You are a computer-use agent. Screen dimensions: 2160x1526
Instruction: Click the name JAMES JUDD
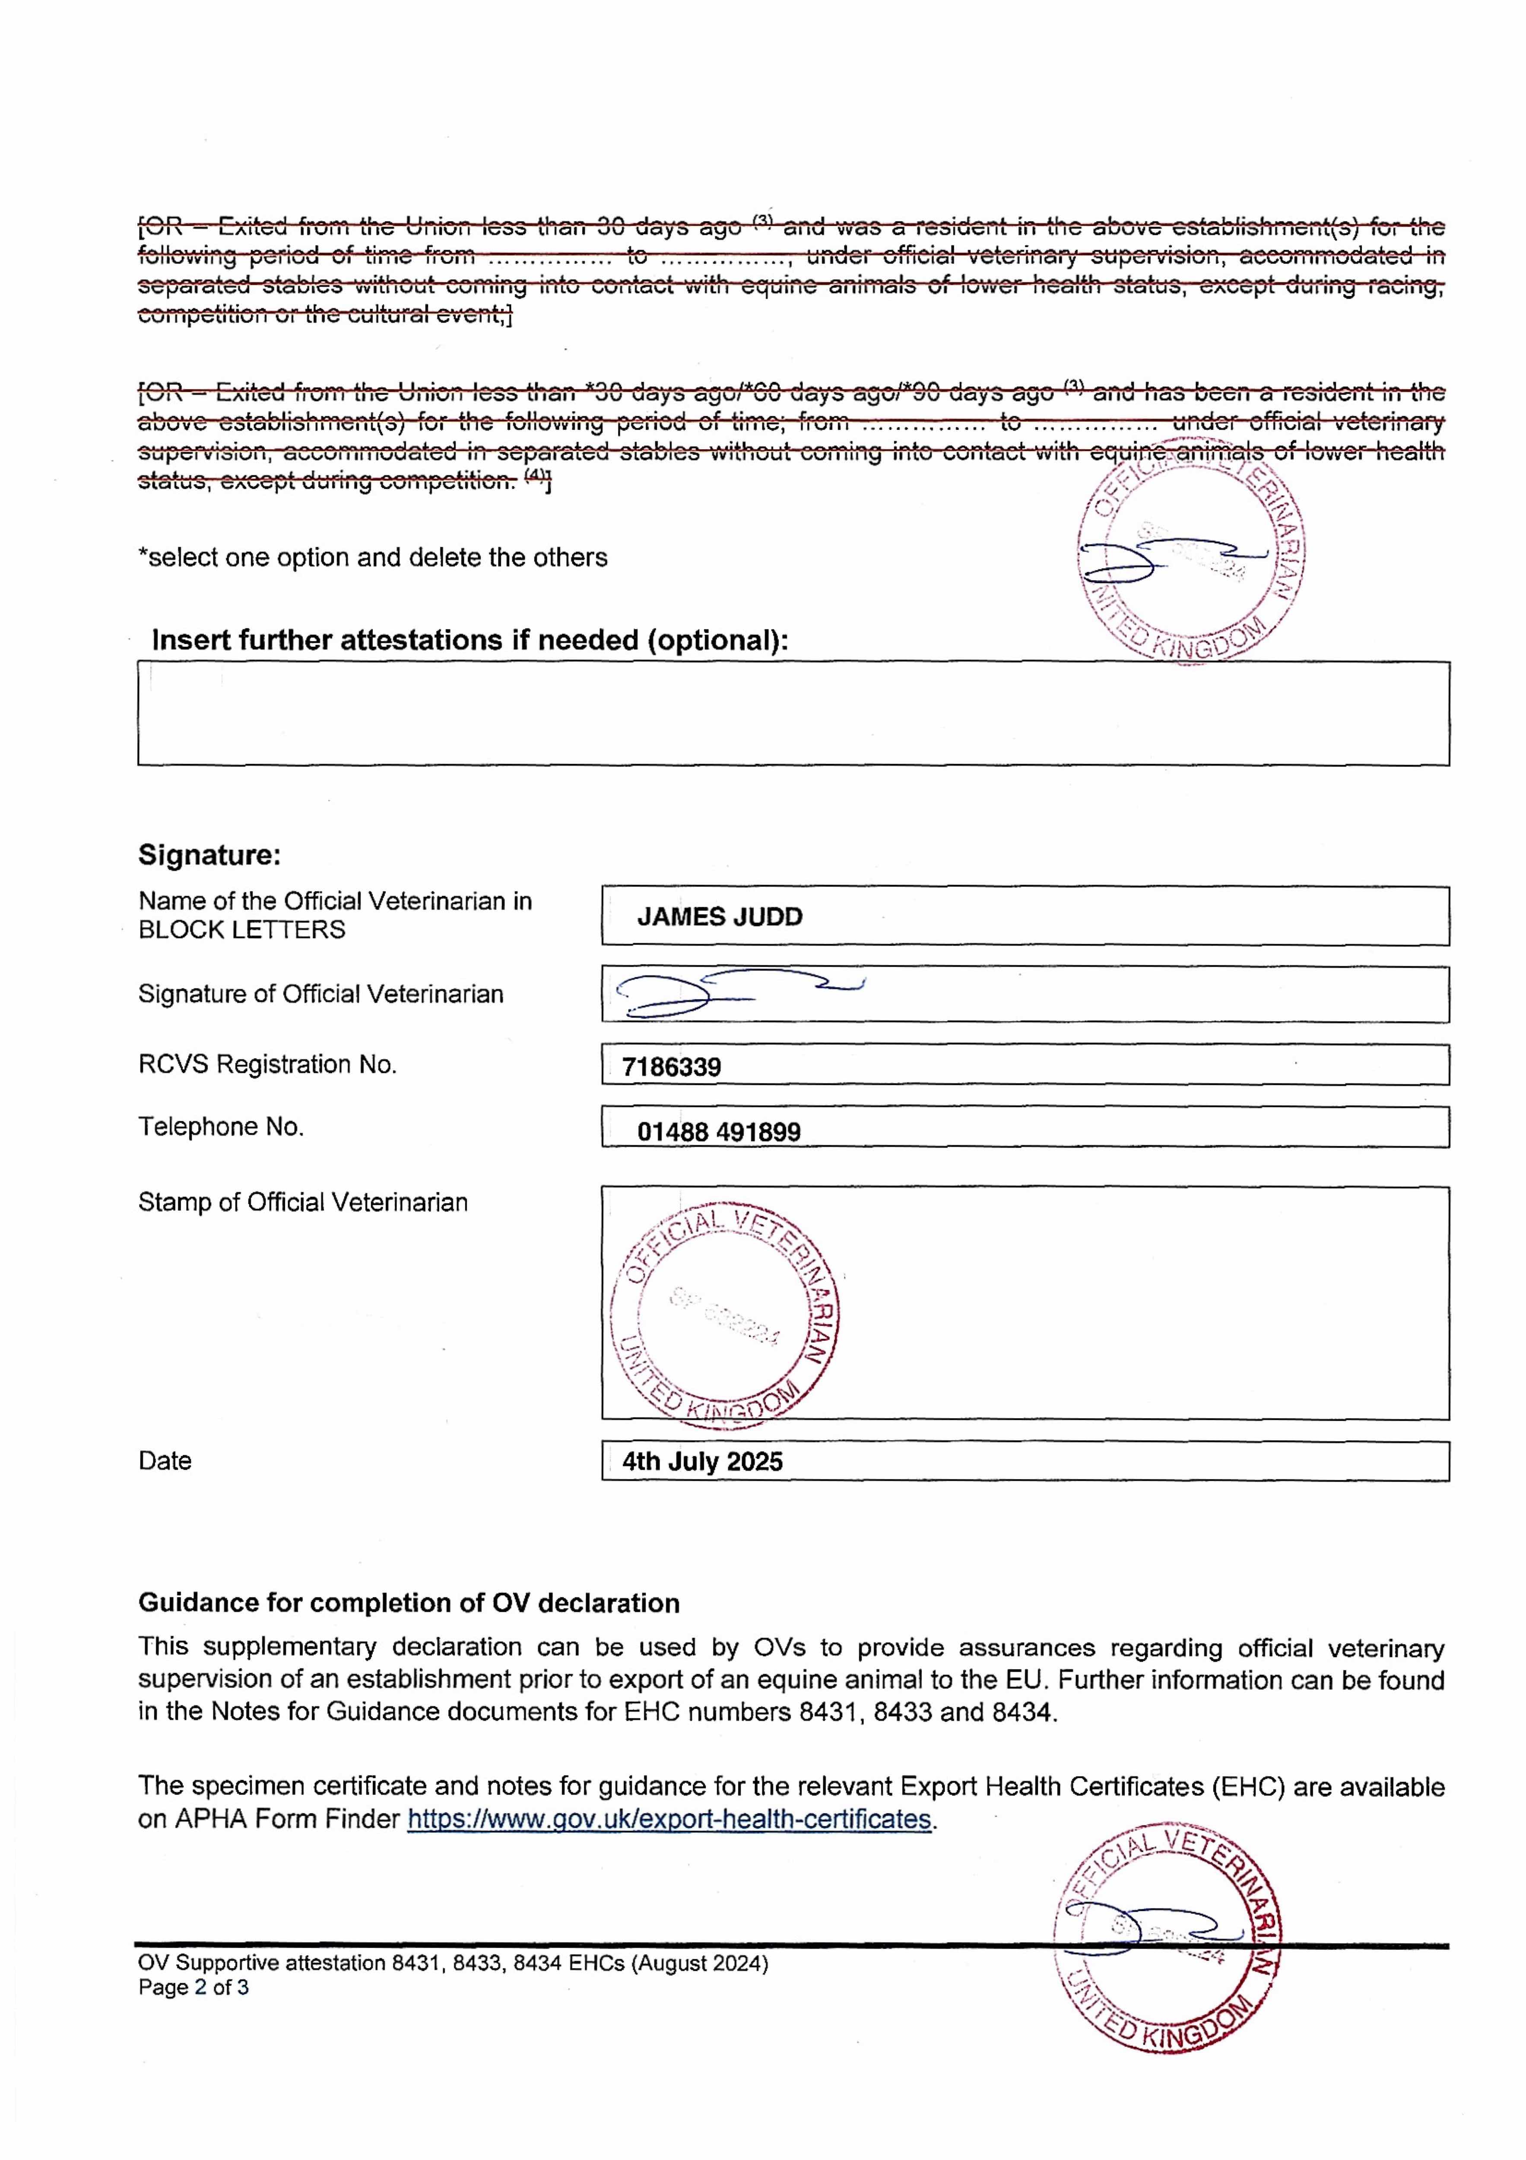point(720,917)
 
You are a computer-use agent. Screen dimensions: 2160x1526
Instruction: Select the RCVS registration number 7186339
point(671,1067)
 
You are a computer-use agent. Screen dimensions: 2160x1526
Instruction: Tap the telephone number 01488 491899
point(719,1132)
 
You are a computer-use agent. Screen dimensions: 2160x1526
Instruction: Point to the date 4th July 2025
point(702,1461)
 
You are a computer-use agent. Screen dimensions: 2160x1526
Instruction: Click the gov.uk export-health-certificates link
point(669,1820)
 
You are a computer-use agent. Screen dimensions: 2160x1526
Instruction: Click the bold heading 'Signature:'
point(209,855)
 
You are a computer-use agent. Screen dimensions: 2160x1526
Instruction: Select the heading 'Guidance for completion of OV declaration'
point(408,1603)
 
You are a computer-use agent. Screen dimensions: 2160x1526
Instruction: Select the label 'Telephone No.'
point(221,1127)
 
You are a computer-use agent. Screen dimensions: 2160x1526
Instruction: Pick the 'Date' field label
point(165,1461)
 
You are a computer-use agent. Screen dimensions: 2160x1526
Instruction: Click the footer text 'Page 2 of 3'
point(193,1988)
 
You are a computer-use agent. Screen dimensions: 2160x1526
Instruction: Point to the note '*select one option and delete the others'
point(373,558)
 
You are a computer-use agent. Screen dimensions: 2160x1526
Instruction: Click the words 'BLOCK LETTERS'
point(242,931)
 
